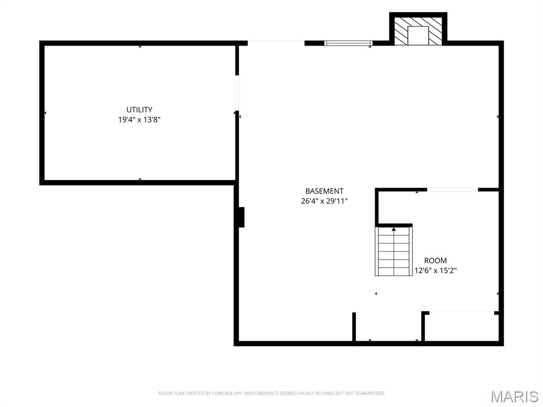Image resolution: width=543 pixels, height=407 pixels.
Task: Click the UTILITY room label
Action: pyautogui.click(x=139, y=110)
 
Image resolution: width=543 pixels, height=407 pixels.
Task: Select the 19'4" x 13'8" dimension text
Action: pyautogui.click(x=139, y=120)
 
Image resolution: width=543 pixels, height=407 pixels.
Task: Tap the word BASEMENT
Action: pyautogui.click(x=324, y=191)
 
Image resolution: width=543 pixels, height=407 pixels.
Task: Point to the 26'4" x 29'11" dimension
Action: pyautogui.click(x=324, y=201)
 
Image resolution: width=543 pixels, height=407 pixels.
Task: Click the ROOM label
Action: pyautogui.click(x=435, y=261)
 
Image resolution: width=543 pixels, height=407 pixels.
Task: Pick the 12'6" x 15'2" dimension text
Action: pyautogui.click(x=435, y=271)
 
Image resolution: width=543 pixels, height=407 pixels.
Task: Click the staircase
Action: pyautogui.click(x=394, y=251)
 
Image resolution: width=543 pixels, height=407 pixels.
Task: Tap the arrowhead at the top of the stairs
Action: pyautogui.click(x=394, y=229)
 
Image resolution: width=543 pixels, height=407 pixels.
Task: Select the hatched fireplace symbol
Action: pyautogui.click(x=418, y=31)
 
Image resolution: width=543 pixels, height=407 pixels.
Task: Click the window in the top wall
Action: pyautogui.click(x=348, y=43)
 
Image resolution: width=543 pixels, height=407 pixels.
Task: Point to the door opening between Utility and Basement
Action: pyautogui.click(x=237, y=93)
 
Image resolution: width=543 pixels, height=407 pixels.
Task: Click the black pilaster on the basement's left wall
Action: pyautogui.click(x=241, y=217)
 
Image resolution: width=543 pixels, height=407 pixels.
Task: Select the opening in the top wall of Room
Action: pyautogui.click(x=452, y=190)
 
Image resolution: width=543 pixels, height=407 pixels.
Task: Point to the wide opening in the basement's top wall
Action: pyautogui.click(x=276, y=43)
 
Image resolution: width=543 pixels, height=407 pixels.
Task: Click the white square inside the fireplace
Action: pyautogui.click(x=418, y=36)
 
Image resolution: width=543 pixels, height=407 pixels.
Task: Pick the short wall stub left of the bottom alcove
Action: pyautogui.click(x=354, y=326)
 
